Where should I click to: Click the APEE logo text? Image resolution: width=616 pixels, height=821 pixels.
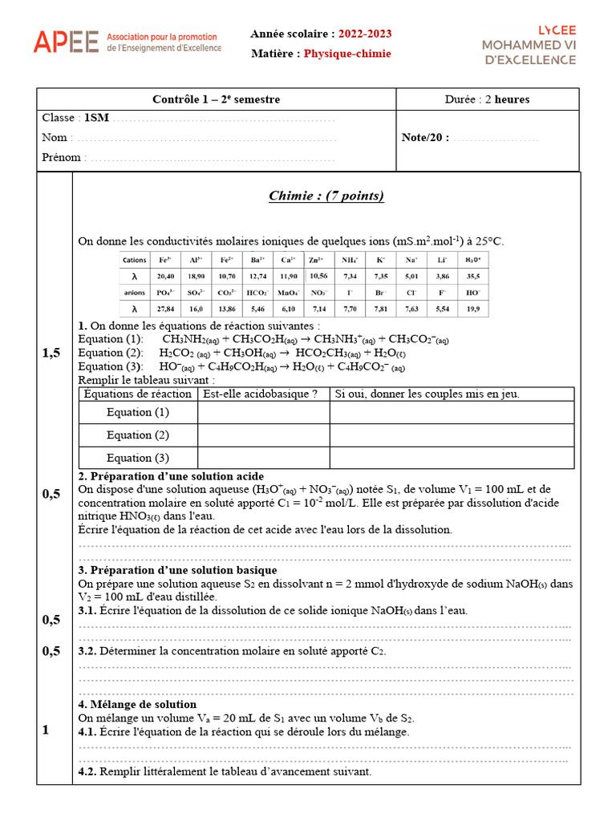(x=66, y=42)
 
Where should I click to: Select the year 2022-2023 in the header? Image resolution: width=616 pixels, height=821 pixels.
(x=365, y=34)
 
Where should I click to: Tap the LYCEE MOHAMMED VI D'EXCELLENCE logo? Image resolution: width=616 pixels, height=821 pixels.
(x=529, y=44)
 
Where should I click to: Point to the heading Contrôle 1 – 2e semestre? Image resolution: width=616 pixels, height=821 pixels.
(x=217, y=99)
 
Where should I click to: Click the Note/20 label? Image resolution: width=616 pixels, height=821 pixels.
(x=425, y=137)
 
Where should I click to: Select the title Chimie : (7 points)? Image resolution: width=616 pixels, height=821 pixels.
(x=326, y=196)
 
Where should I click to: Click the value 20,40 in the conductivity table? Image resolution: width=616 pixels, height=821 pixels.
(x=164, y=276)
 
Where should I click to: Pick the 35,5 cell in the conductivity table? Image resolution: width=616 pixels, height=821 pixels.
(x=472, y=276)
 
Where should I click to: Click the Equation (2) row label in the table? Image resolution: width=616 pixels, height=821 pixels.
(x=138, y=435)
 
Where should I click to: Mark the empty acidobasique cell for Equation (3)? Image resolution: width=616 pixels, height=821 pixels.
(x=263, y=458)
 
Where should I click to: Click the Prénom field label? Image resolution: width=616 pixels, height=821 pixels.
(x=61, y=157)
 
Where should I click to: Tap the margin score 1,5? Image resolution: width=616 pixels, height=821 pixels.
(x=51, y=353)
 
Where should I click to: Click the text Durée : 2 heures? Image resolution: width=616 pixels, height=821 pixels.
(x=487, y=99)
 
